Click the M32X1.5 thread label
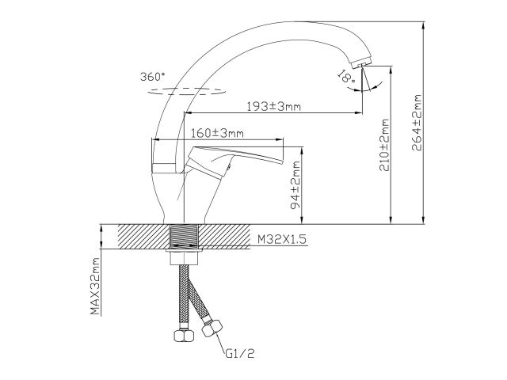[280, 238]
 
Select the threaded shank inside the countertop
[184, 236]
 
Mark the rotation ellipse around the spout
[184, 90]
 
